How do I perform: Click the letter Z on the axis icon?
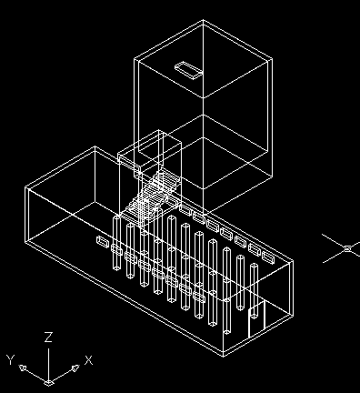tap(48, 338)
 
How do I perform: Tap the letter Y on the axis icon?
tap(11, 360)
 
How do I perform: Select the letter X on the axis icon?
tap(88, 360)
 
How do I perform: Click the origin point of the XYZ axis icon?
tap(48, 383)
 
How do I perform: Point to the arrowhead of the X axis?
tap(75, 368)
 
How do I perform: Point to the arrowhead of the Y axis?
tap(23, 368)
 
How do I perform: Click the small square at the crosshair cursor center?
tap(348, 249)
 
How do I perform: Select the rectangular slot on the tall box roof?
tap(188, 70)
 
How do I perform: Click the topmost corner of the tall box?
tap(203, 20)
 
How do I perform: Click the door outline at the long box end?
tap(256, 319)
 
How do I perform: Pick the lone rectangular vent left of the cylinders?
tap(103, 242)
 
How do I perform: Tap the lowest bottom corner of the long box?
tap(224, 356)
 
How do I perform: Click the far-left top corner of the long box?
tap(25, 188)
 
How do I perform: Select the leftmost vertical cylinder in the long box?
tap(116, 243)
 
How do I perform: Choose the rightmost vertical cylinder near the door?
tap(254, 290)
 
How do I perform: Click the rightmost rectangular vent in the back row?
tap(268, 257)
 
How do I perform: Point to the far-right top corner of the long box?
tap(294, 260)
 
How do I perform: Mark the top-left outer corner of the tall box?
tap(134, 57)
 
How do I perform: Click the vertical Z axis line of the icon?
tap(48, 365)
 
